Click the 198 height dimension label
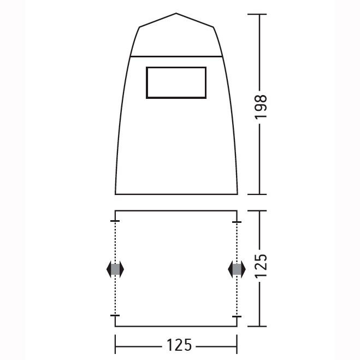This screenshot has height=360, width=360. [261, 107]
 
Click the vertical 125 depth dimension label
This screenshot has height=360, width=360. [261, 265]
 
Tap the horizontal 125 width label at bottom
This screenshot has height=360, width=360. [179, 345]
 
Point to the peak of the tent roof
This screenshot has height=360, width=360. [176, 13]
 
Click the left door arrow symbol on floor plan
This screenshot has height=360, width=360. [115, 269]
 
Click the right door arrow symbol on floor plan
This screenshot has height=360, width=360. [237, 269]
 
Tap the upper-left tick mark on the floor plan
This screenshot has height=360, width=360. [115, 221]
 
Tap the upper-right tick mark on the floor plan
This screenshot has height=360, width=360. [237, 222]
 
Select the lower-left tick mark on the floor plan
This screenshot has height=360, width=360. [115, 315]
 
